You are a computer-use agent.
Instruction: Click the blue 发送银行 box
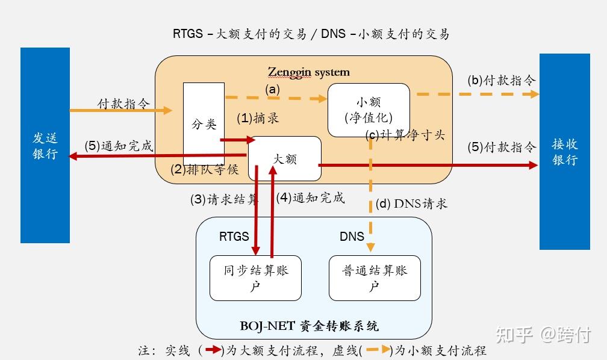(45, 145)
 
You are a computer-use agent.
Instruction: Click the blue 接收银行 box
(564, 151)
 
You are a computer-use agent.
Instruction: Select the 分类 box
(204, 124)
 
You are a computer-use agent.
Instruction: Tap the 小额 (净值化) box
(369, 110)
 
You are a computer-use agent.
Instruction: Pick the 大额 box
(285, 158)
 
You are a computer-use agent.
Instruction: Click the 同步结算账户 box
(255, 278)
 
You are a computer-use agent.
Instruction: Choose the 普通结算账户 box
(374, 278)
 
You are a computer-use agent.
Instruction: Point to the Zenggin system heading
(308, 72)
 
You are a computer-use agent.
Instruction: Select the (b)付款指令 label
(501, 80)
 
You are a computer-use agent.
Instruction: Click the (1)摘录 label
(257, 118)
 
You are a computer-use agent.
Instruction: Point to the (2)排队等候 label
(205, 169)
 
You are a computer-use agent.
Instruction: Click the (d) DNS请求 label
(411, 203)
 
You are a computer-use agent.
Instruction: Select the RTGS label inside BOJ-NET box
(234, 237)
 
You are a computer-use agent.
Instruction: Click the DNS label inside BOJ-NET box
(352, 237)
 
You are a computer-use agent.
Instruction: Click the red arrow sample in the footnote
(213, 349)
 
